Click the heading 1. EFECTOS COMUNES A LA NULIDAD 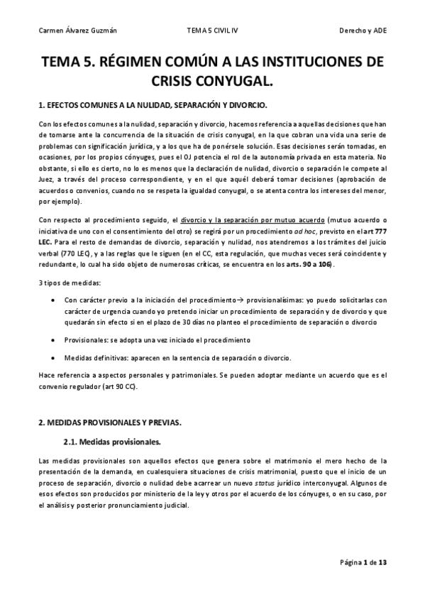(153, 106)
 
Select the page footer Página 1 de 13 (363, 563)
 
